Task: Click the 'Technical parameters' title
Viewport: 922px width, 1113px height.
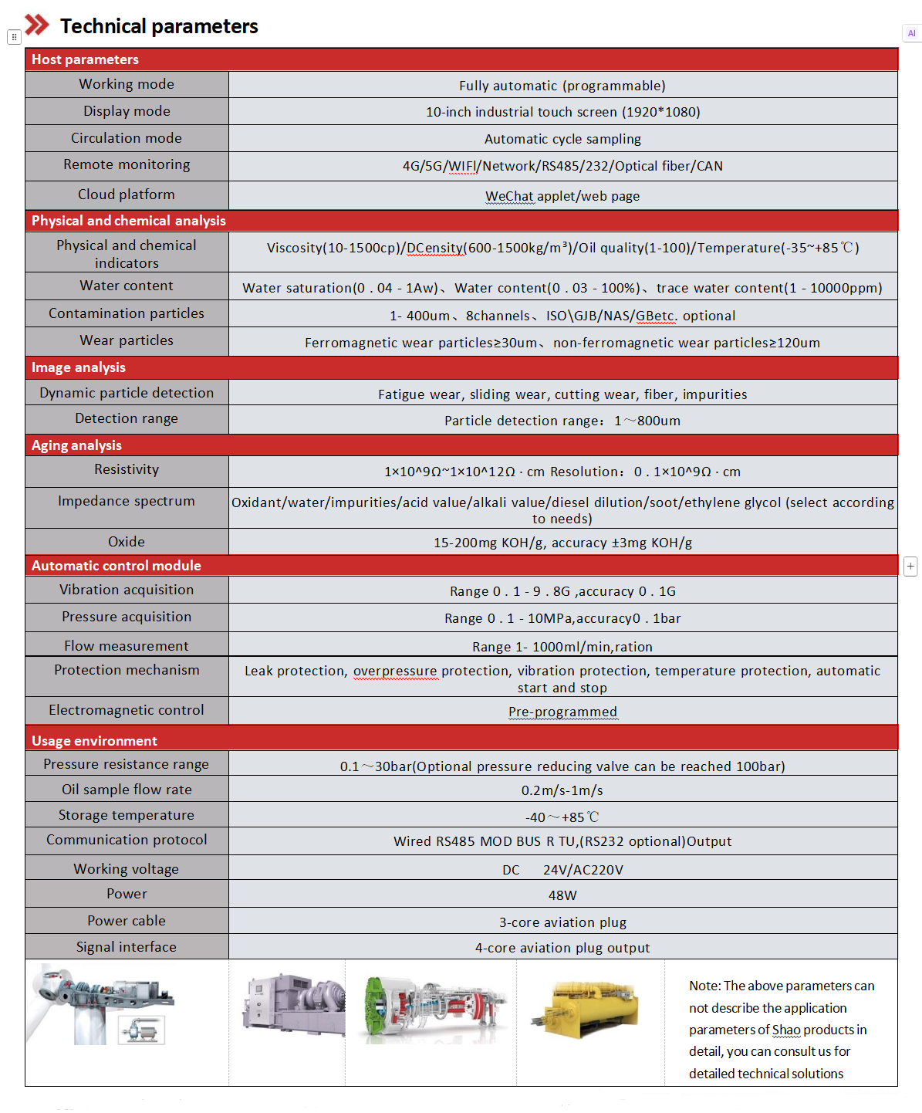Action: coord(159,26)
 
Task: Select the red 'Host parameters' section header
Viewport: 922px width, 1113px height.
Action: coord(85,59)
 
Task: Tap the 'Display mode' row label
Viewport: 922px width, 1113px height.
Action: coord(127,111)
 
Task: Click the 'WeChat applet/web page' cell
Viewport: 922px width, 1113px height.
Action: coord(562,196)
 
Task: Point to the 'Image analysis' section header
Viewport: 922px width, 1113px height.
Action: coord(78,367)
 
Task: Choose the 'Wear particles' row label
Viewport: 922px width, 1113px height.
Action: coord(127,340)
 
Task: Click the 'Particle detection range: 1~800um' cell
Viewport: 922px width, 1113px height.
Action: coord(562,421)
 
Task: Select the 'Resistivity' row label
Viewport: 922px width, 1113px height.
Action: coord(127,469)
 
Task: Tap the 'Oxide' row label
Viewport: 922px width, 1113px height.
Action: coord(127,542)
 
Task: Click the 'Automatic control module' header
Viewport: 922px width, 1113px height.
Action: coord(116,566)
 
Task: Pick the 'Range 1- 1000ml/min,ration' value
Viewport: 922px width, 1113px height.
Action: coord(562,647)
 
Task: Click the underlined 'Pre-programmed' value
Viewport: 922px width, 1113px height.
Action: coord(562,712)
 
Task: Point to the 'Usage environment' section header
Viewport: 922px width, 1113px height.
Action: coord(94,741)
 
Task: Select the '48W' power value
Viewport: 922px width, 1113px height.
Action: coord(562,895)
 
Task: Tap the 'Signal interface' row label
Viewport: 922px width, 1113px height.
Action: coord(127,947)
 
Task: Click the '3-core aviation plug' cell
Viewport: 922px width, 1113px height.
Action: coord(562,922)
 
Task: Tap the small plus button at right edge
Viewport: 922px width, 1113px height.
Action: coord(910,566)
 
